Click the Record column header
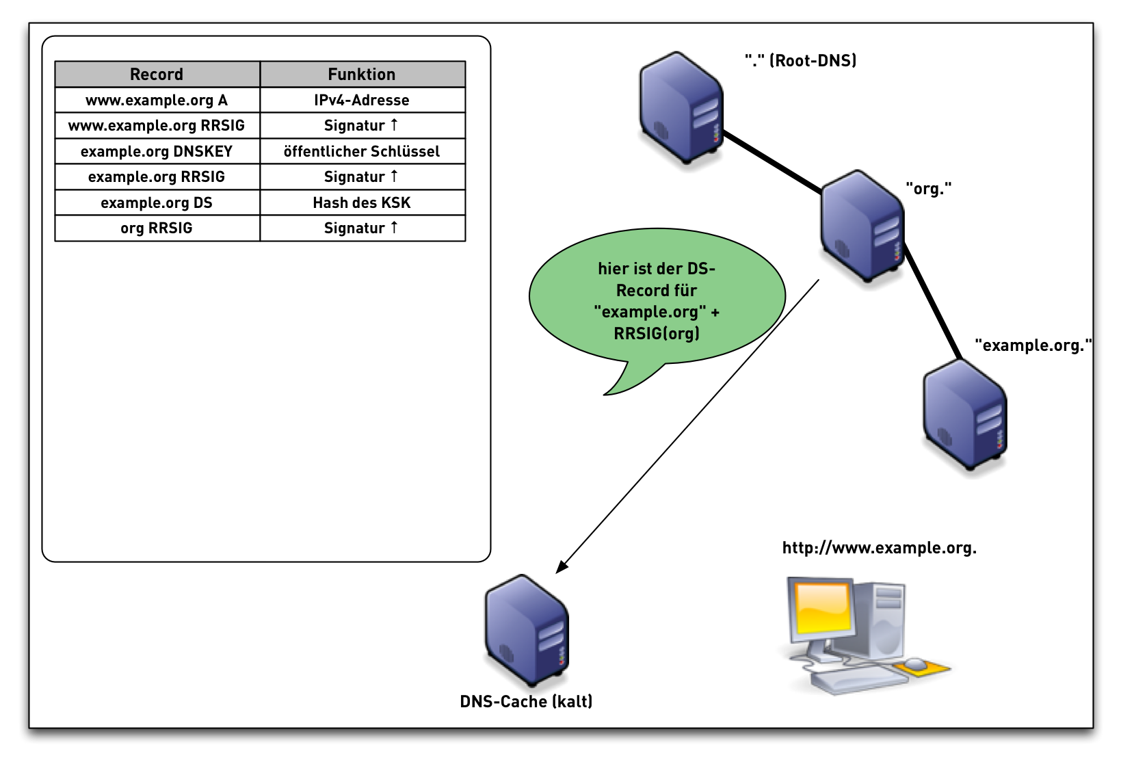pos(157,74)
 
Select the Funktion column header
pos(362,74)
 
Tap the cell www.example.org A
pos(157,100)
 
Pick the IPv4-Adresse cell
pos(362,100)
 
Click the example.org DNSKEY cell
pos(157,151)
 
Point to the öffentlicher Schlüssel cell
pos(362,151)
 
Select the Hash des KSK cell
pos(362,202)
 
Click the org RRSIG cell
pos(157,228)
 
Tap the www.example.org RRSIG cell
pos(157,125)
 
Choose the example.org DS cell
pos(157,202)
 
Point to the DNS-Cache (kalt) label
pos(526,701)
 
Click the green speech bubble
pos(657,301)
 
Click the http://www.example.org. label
pos(879,548)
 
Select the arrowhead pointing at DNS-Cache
pos(562,567)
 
